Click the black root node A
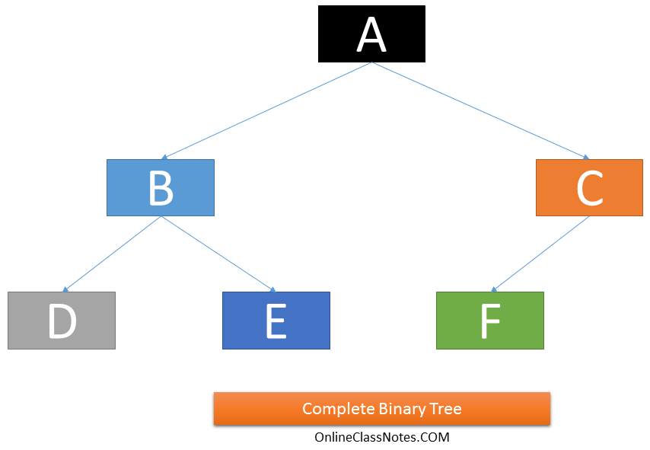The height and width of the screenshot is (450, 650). pos(371,34)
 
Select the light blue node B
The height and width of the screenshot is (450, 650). pos(161,187)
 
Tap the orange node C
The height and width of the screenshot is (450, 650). pos(589,187)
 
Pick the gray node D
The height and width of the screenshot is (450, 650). pos(62,321)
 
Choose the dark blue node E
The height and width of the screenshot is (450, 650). pos(276,321)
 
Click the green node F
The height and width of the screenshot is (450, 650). pos(489,321)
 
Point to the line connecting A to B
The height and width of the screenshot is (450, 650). pos(266,110)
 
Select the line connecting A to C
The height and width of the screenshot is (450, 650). pos(480,110)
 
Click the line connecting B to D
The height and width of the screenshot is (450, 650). pos(112,254)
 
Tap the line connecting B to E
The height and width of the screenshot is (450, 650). pos(217,254)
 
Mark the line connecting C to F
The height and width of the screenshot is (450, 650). pos(540,254)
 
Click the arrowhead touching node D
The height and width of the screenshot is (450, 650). pos(66,289)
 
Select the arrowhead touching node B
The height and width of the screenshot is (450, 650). pos(165,156)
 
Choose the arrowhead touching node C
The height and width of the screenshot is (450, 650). pos(585,156)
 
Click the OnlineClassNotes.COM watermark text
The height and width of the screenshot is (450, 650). pos(382,437)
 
